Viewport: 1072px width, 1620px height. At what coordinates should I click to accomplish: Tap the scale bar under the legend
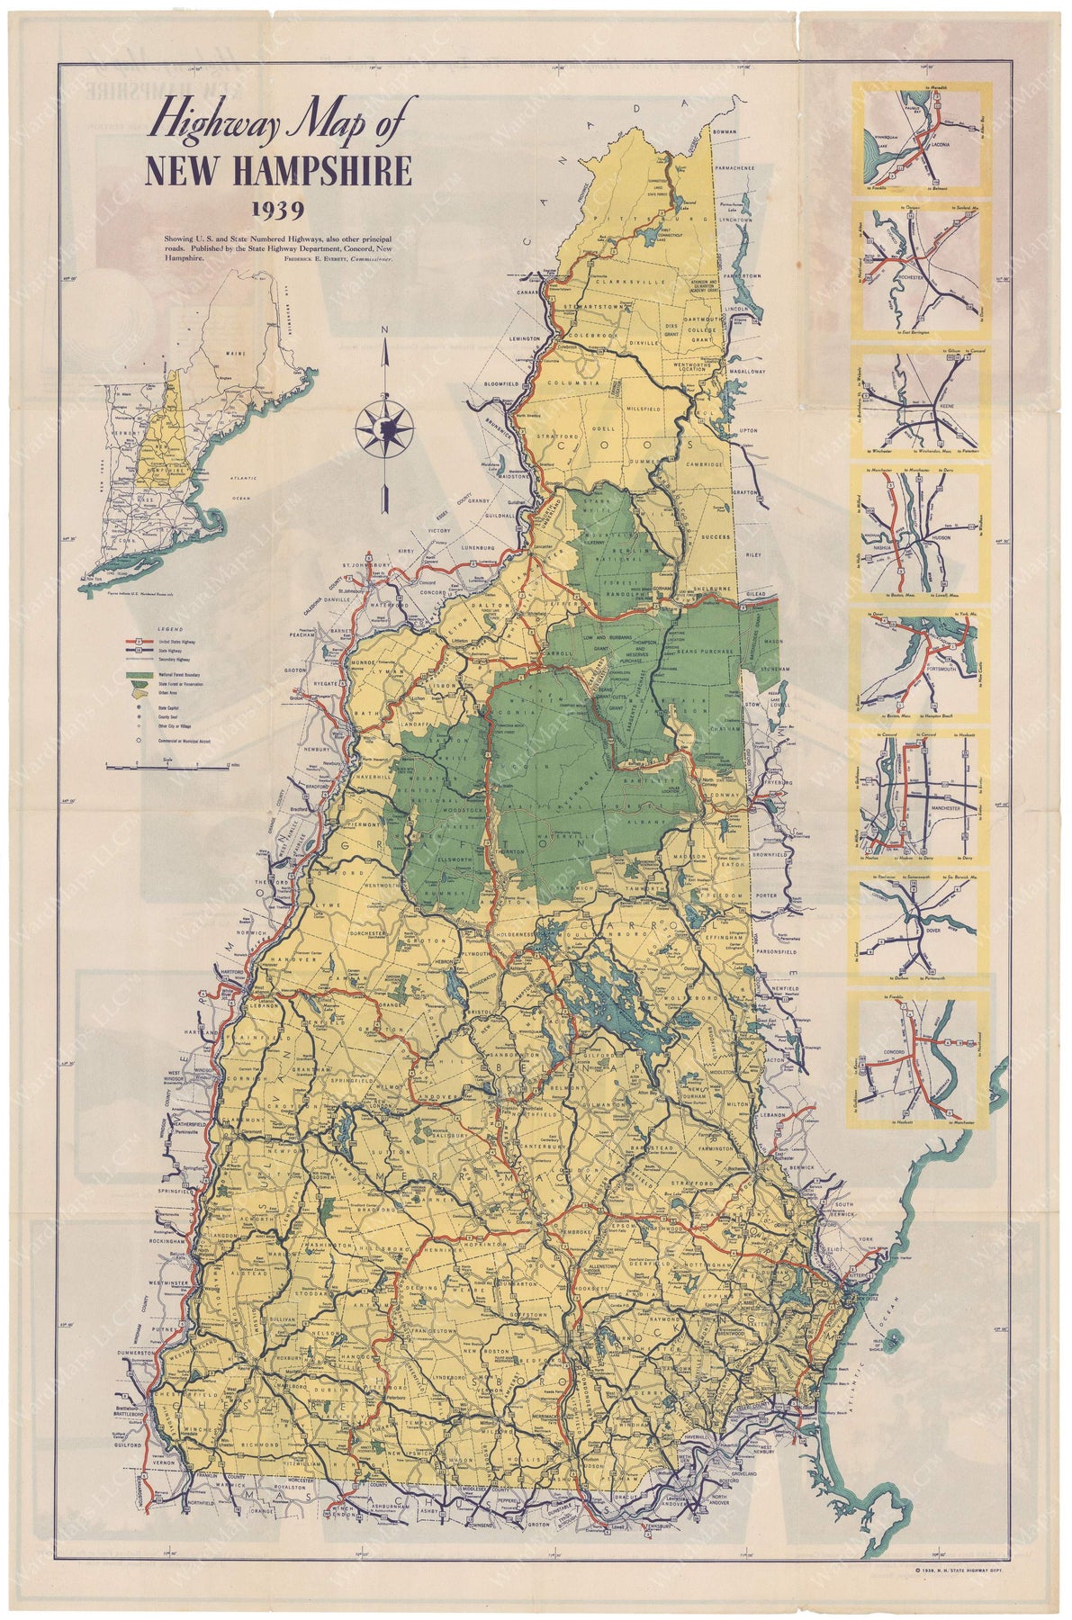(x=170, y=765)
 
